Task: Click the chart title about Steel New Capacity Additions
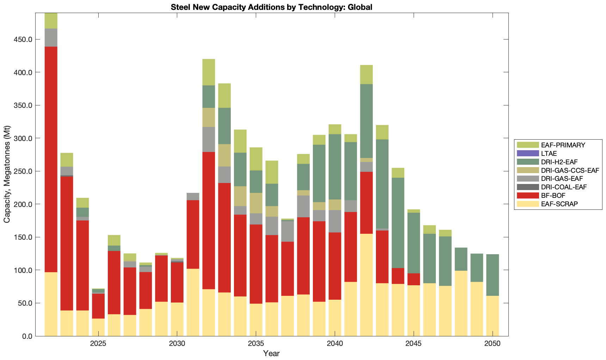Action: click(x=271, y=7)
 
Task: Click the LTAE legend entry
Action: click(x=549, y=154)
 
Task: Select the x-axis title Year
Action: click(x=271, y=353)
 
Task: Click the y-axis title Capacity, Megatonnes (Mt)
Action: click(x=7, y=175)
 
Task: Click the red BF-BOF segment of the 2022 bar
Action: click(x=51, y=159)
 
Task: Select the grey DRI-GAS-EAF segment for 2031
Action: click(x=193, y=196)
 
